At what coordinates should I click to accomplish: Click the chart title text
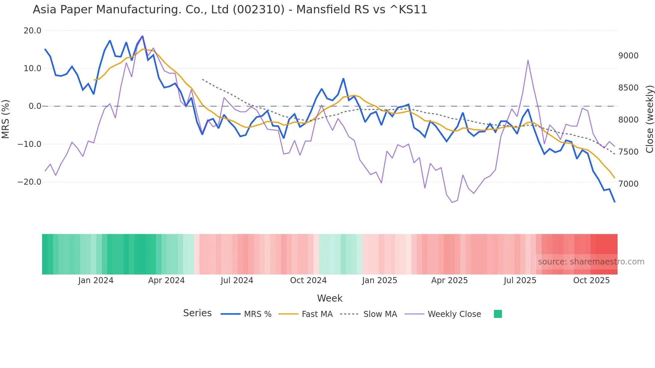coord(230,10)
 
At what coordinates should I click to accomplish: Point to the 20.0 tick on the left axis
coord(32,31)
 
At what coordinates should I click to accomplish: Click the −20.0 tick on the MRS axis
coord(30,182)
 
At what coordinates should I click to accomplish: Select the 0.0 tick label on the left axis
coord(35,106)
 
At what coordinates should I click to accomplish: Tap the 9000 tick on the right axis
coord(628,56)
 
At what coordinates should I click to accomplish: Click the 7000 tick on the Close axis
coord(628,184)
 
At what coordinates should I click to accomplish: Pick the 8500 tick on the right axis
coord(628,88)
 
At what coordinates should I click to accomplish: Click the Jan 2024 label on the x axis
coord(96,281)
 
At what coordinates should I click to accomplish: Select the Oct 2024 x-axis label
coord(308,281)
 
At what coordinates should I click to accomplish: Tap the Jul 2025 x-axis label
coord(520,281)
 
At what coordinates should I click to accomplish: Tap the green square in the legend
coord(498,314)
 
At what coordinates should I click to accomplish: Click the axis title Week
coord(330,298)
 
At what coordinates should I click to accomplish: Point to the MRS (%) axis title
coord(6,119)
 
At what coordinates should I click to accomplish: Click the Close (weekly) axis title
coord(649,119)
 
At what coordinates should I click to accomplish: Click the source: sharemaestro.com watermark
coord(591,262)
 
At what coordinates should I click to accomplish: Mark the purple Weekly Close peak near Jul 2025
coord(528,61)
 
